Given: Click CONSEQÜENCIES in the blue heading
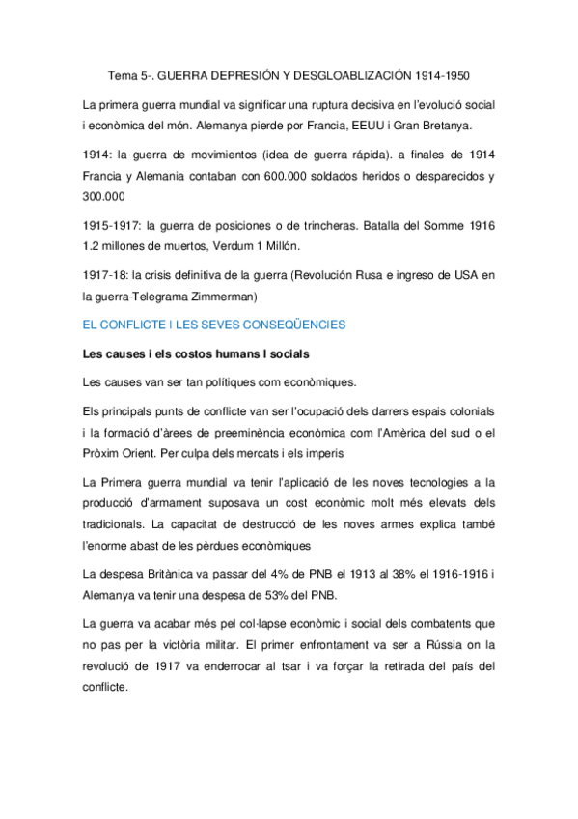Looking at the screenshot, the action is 282,325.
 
